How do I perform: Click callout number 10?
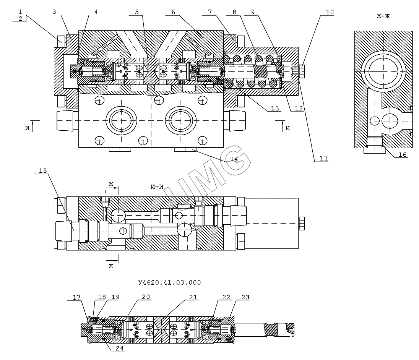coord(330,12)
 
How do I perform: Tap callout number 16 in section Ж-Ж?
coord(402,155)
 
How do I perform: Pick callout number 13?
coord(275,109)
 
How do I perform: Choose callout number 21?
coord(193,297)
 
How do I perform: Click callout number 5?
coord(136,12)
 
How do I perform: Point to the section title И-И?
coord(157,187)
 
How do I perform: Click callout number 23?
coord(245,297)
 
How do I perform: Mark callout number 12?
coord(299,109)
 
